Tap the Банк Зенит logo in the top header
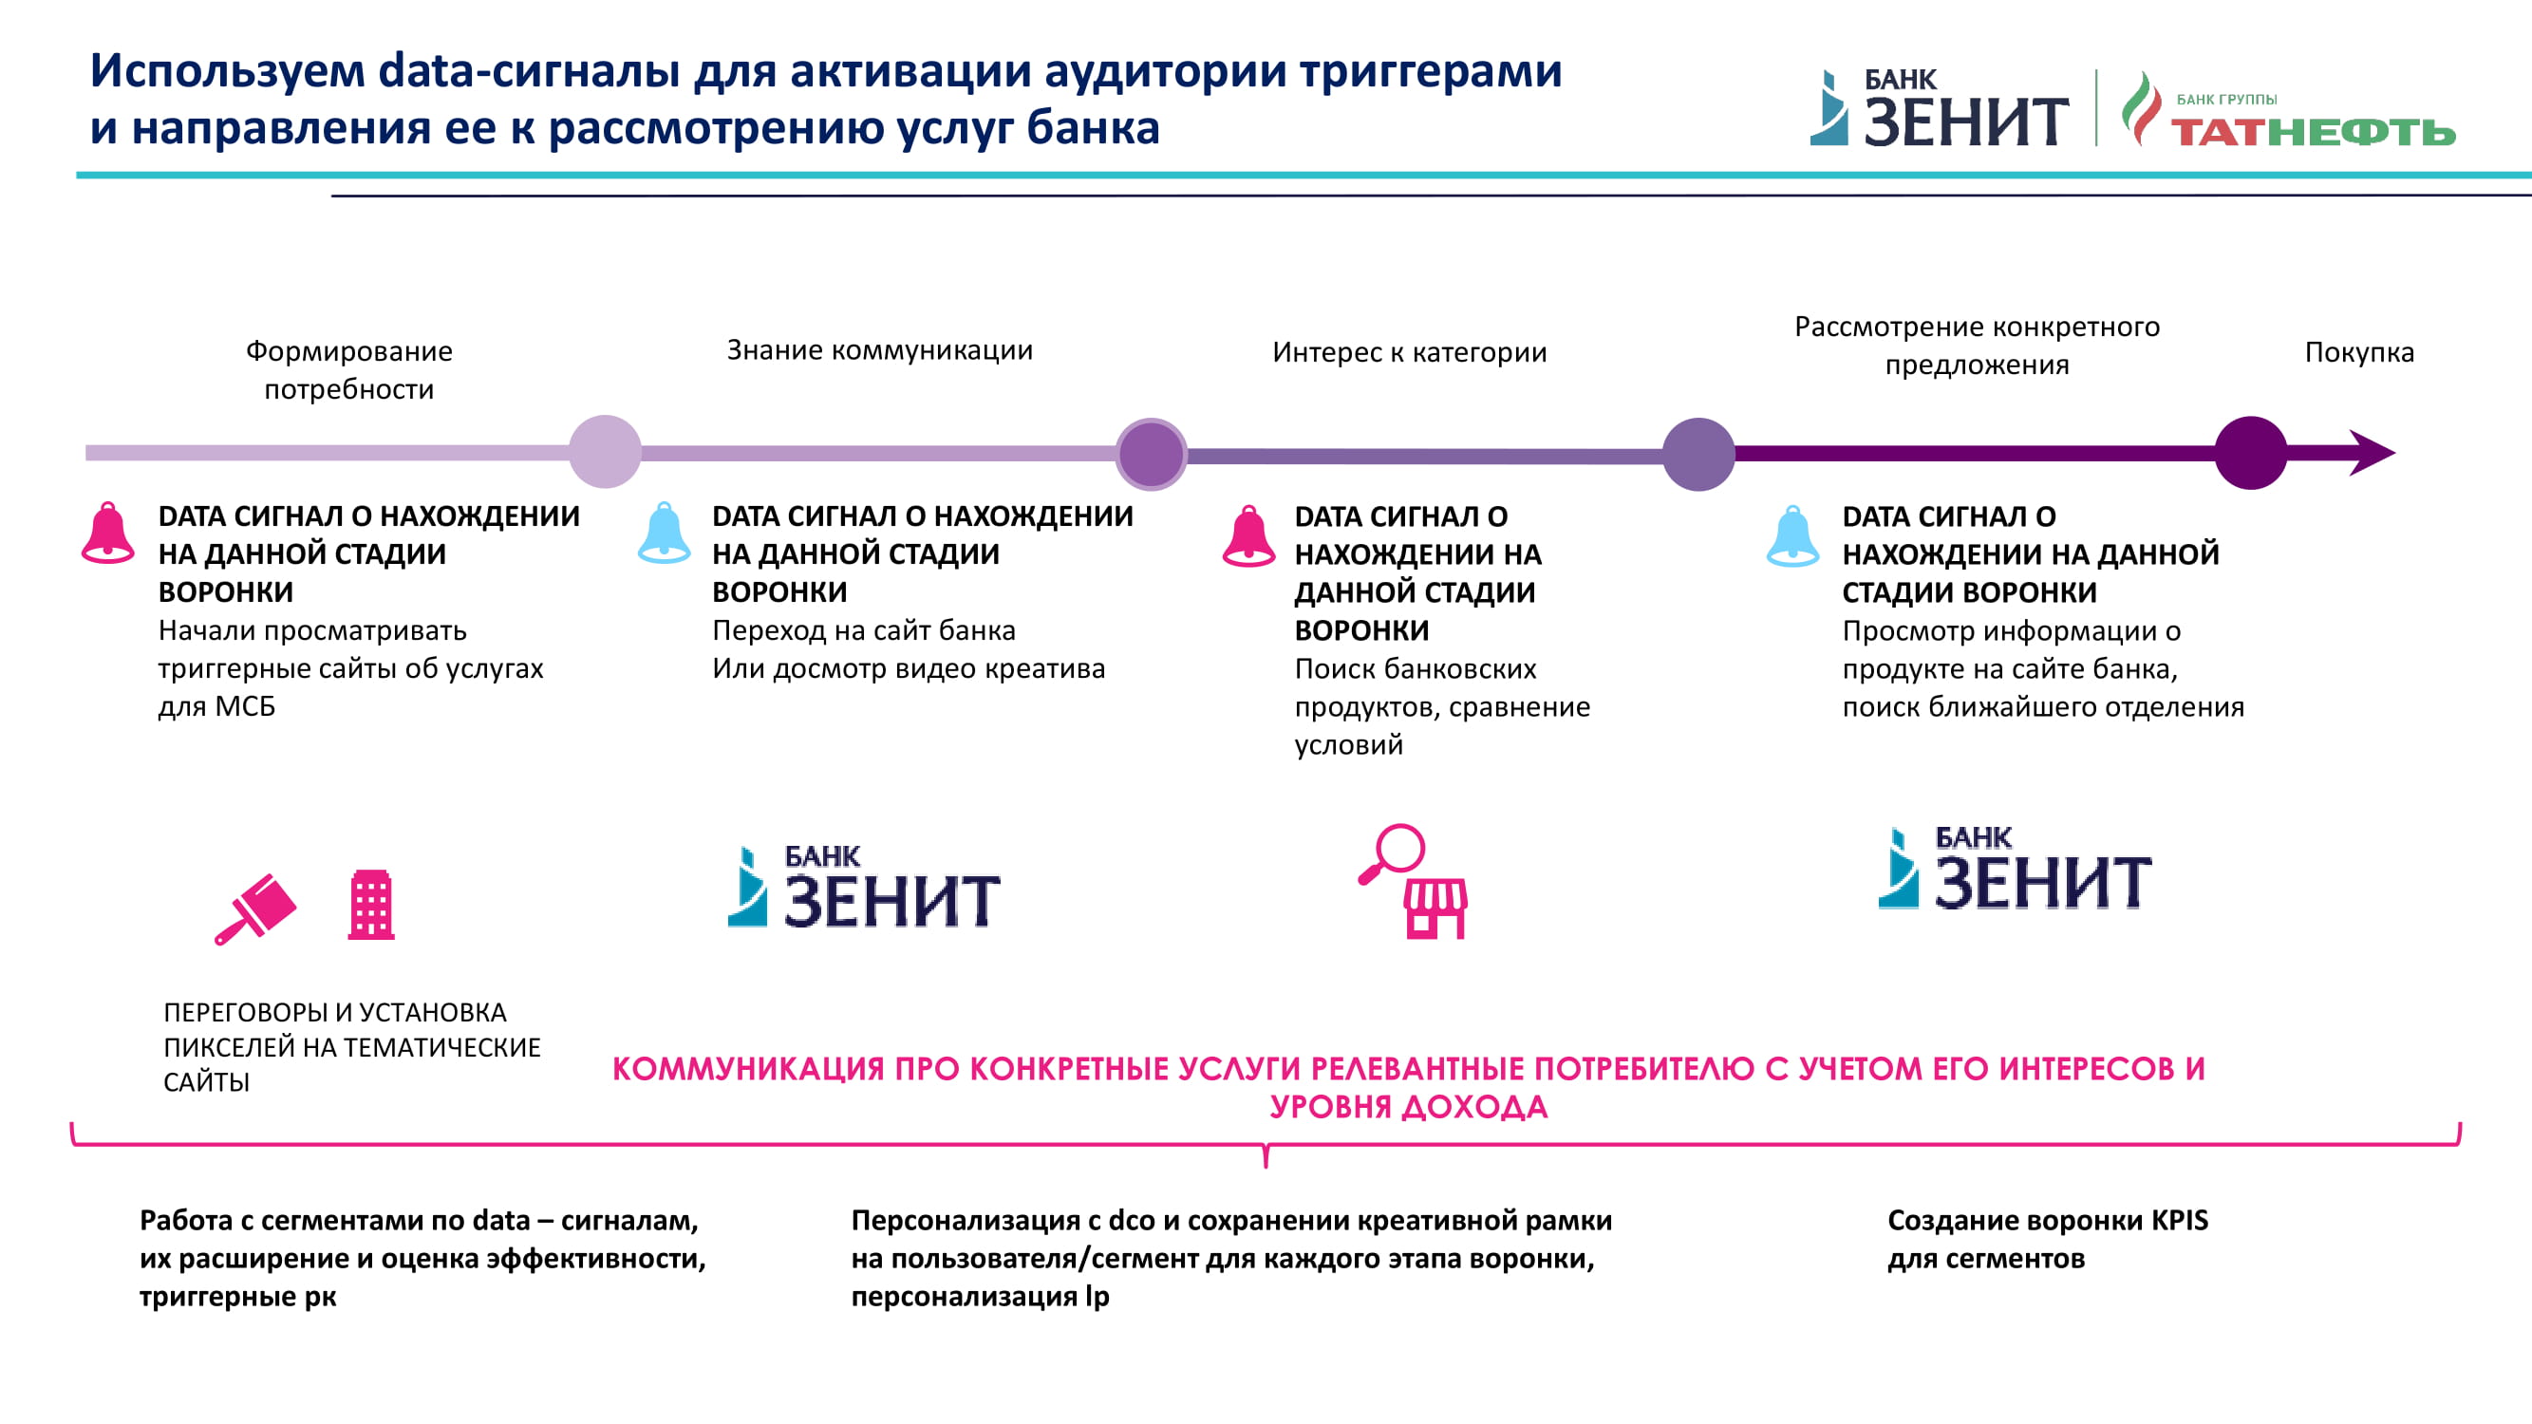pyautogui.click(x=1940, y=108)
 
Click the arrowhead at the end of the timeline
pyautogui.click(x=2372, y=453)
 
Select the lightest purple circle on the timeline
pyautogui.click(x=606, y=452)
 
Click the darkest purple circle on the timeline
pyautogui.click(x=2251, y=453)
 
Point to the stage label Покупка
pyautogui.click(x=2359, y=352)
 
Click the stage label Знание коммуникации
pyautogui.click(x=880, y=350)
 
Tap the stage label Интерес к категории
pyautogui.click(x=1410, y=352)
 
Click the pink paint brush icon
pyautogui.click(x=255, y=909)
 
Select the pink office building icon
pyautogui.click(x=371, y=905)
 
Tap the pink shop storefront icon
pyautogui.click(x=1436, y=909)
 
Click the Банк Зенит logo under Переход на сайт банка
pyautogui.click(x=864, y=887)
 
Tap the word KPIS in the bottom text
pyautogui.click(x=2179, y=1221)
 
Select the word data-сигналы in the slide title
pyautogui.click(x=529, y=71)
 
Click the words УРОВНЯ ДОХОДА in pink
pyautogui.click(x=1409, y=1107)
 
